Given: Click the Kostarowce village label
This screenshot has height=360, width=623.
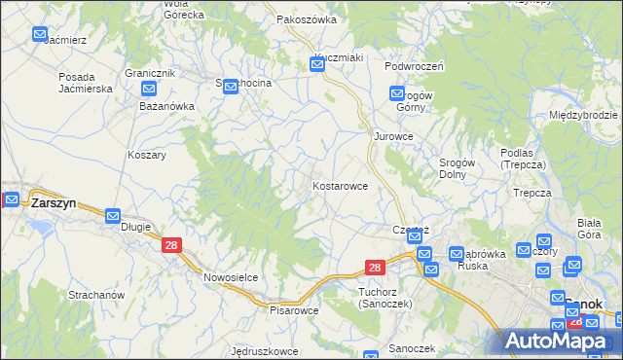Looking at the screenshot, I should point(340,185).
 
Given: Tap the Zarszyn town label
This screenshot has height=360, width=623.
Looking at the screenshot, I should point(54,204).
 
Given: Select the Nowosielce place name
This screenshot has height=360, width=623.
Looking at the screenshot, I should point(231,277).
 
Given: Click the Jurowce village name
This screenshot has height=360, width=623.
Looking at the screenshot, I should point(394,136).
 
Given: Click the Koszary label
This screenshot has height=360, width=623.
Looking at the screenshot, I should point(147,155).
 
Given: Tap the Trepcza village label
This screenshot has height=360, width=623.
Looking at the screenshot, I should point(532,193).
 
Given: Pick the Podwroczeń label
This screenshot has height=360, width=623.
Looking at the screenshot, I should point(414,66).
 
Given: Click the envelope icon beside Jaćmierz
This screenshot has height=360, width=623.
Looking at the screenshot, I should point(40,34).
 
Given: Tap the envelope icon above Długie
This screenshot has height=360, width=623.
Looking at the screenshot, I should point(113,216).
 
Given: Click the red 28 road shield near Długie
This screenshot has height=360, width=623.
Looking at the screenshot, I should point(171,247).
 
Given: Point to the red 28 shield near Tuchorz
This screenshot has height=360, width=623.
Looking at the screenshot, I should point(376,267).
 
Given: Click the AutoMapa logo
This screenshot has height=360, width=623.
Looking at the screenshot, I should point(561,340).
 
